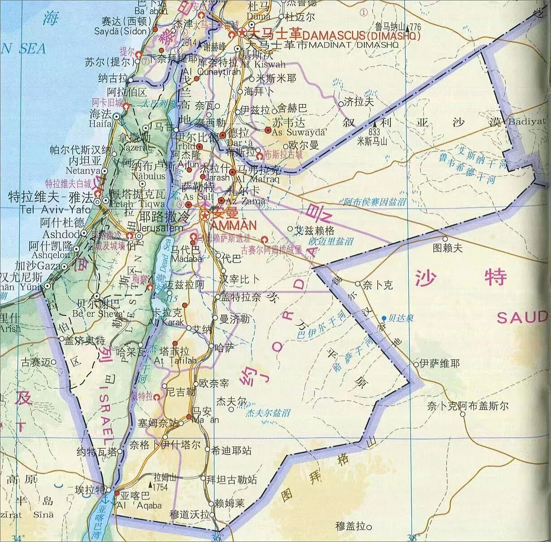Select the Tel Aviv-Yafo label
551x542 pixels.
pyautogui.click(x=49, y=209)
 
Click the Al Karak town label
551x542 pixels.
pyautogui.click(x=169, y=322)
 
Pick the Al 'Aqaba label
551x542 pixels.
pyautogui.click(x=139, y=506)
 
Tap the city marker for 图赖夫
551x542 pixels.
pyautogui.click(x=445, y=238)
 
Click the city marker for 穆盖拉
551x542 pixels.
pyautogui.click(x=369, y=526)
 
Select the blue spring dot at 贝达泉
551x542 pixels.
pyautogui.click(x=384, y=318)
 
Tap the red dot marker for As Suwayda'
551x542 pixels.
pyautogui.click(x=268, y=130)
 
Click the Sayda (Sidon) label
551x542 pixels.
pyautogui.click(x=121, y=31)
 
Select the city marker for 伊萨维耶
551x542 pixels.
pyautogui.click(x=416, y=364)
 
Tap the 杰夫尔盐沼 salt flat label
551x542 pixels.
pyautogui.click(x=268, y=413)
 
